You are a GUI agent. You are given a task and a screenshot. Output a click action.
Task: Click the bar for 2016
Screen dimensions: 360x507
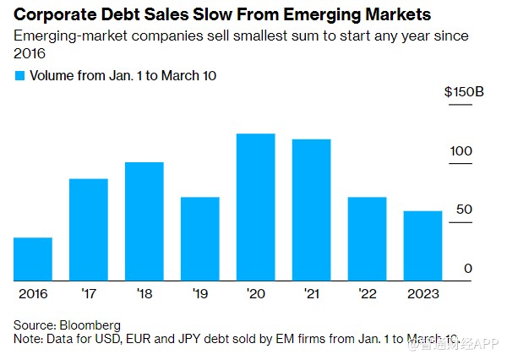coord(33,259)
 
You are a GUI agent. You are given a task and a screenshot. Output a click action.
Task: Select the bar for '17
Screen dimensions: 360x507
coord(89,230)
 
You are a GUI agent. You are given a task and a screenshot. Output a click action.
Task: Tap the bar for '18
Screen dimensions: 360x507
coord(144,221)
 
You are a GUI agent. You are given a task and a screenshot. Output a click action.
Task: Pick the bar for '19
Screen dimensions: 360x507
coord(200,239)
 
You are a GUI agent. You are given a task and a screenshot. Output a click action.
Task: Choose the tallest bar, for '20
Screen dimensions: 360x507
coord(256,207)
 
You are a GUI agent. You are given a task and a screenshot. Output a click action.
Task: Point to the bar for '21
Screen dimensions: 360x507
coord(312,210)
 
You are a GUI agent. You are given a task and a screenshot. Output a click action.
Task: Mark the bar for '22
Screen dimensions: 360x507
coord(368,239)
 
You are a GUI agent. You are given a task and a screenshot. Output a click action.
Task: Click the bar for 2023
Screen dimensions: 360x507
coord(422,246)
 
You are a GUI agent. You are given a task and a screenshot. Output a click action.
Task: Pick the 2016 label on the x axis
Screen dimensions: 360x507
coord(33,293)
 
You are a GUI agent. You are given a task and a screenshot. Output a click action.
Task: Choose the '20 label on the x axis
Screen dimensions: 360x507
coord(256,293)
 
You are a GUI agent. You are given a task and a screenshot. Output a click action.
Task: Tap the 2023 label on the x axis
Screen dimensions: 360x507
coord(422,293)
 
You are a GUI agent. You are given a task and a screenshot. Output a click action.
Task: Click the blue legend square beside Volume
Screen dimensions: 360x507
coord(20,75)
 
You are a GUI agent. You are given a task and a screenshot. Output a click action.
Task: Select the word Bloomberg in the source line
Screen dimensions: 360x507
coord(92,325)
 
